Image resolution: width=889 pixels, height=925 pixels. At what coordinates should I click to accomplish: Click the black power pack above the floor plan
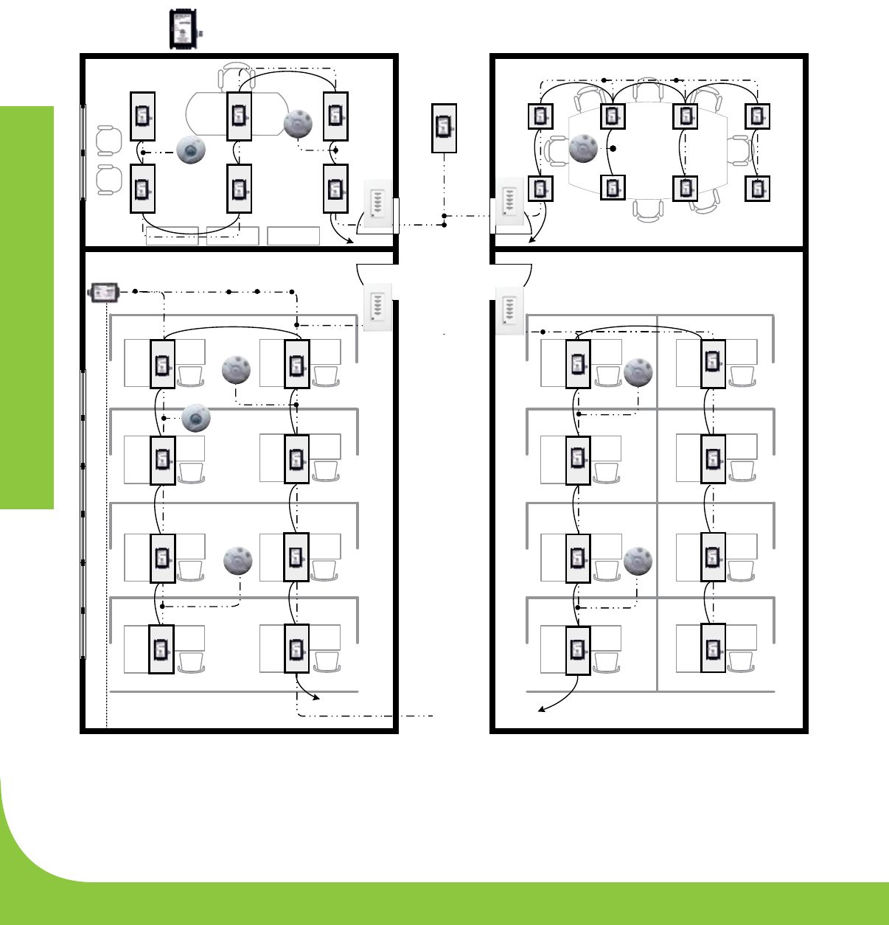tap(181, 29)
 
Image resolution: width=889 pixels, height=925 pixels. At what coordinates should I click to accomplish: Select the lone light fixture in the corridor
tap(444, 129)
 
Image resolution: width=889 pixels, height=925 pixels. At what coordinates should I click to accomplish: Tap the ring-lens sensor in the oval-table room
tap(191, 150)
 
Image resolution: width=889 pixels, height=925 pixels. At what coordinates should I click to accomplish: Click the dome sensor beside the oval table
tap(298, 123)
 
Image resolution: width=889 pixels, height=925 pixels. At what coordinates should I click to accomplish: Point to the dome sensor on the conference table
tap(583, 148)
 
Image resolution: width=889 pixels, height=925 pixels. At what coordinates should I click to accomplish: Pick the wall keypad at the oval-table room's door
tap(377, 203)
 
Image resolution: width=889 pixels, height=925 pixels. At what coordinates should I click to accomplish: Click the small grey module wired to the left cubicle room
tap(102, 292)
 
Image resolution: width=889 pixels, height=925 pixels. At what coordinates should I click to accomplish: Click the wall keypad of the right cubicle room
tap(509, 309)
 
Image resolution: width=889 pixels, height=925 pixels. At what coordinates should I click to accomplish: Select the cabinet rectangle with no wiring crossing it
tap(293, 236)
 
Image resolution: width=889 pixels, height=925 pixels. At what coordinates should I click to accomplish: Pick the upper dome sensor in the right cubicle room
tap(638, 373)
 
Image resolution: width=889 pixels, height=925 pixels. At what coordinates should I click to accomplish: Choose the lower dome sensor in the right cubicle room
tap(638, 561)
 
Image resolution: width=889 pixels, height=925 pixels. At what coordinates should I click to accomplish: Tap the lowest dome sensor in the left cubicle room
tap(238, 561)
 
